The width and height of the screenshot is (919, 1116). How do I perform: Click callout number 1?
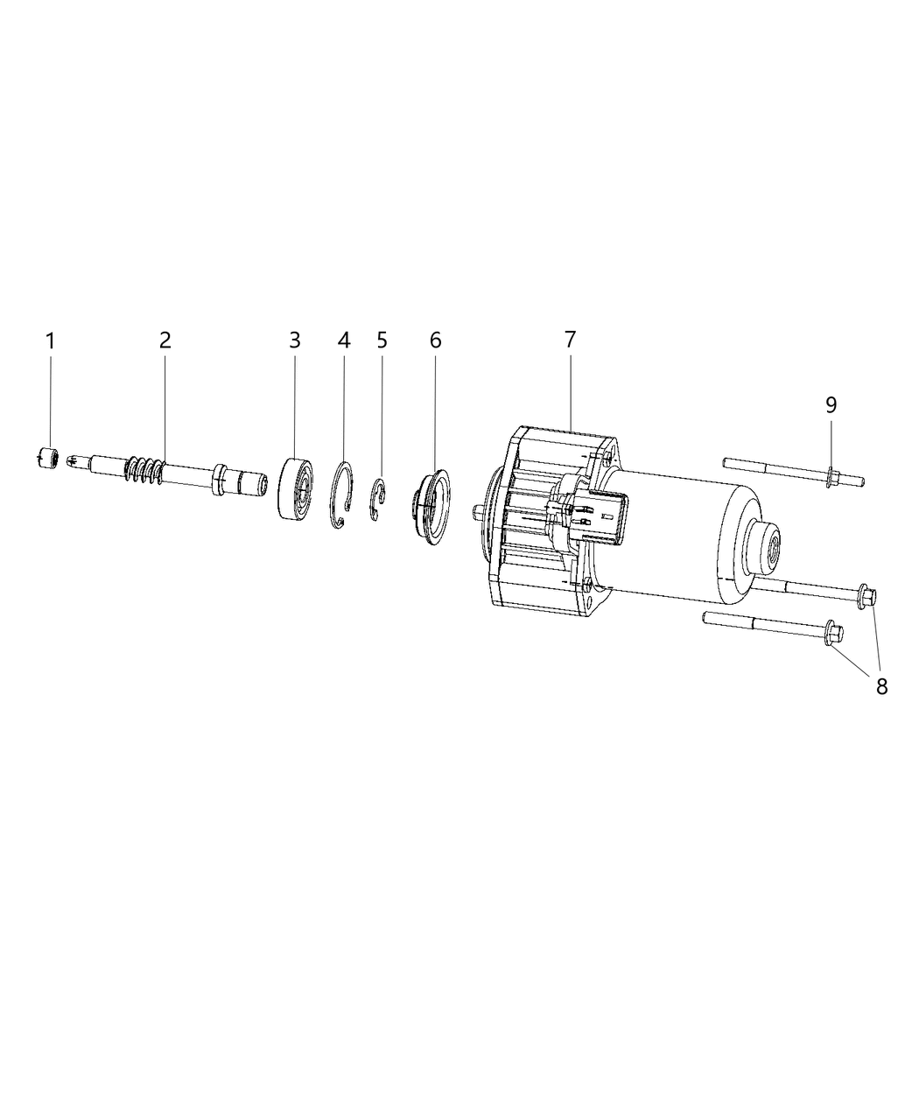pos(51,341)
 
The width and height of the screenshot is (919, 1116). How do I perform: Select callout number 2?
pos(165,340)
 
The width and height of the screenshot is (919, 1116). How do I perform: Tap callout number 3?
pos(295,340)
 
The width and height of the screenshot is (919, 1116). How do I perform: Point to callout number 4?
pos(344,340)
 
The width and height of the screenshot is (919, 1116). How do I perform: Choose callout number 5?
pos(382,340)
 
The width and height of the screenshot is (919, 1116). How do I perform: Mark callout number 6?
pos(436,340)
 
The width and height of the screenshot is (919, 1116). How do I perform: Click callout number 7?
pos(571,340)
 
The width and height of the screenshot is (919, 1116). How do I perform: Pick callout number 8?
pos(881,686)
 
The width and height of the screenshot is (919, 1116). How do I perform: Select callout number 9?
pos(831,405)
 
